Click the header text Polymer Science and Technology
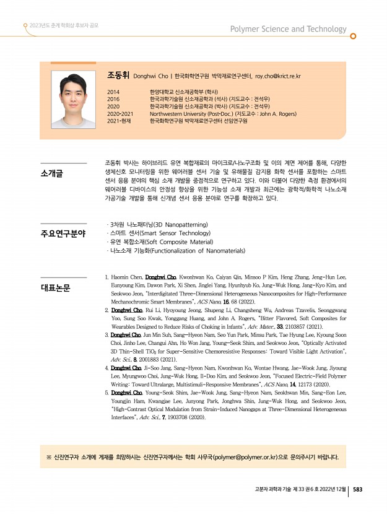pyautogui.click(x=288, y=29)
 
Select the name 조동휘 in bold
pyautogui.click(x=118, y=76)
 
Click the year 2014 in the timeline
pyautogui.click(x=113, y=92)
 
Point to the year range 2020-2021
pyautogui.click(x=120, y=114)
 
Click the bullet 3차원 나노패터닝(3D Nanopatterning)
pyautogui.click(x=158, y=224)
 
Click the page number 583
pyautogui.click(x=357, y=489)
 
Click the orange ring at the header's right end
pyautogui.click(x=353, y=36)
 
